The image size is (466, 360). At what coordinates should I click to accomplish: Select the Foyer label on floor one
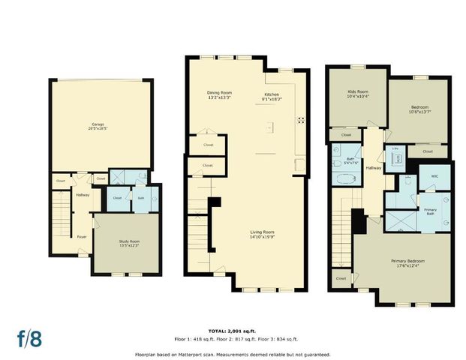(81, 236)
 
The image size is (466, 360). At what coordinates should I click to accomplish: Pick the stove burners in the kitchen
(301, 119)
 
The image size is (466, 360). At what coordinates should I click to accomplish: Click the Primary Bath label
(431, 211)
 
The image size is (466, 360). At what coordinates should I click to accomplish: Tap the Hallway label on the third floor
(373, 168)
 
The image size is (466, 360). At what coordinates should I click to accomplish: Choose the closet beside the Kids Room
(346, 135)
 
